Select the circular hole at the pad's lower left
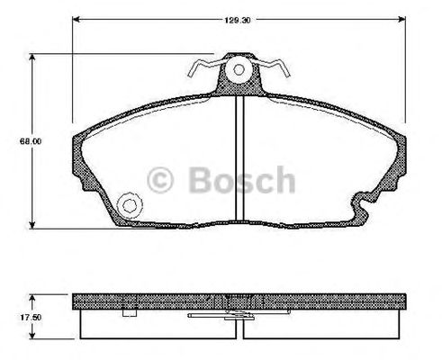point(130,205)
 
